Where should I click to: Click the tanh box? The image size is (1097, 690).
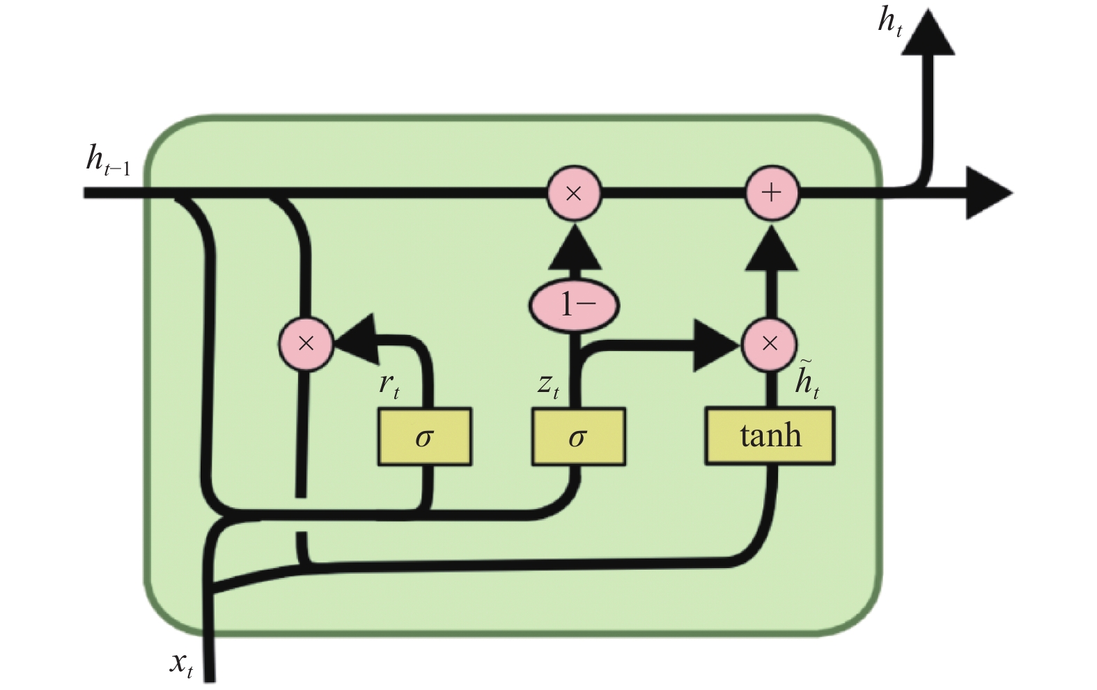click(770, 436)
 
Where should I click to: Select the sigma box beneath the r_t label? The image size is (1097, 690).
click(425, 437)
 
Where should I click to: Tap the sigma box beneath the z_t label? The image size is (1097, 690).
click(578, 437)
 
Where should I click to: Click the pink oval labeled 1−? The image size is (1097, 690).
click(574, 306)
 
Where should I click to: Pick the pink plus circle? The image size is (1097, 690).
click(772, 193)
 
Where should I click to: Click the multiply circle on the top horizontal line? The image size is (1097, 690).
click(573, 193)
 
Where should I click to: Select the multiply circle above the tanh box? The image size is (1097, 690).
click(770, 344)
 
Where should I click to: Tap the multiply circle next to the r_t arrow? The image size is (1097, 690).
click(306, 344)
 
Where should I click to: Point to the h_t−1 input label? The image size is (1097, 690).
click(108, 160)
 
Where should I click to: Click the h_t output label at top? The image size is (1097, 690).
click(889, 22)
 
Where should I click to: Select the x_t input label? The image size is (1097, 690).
click(181, 664)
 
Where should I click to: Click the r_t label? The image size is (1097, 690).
click(389, 386)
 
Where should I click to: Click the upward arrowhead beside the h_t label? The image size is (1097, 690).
click(928, 32)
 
